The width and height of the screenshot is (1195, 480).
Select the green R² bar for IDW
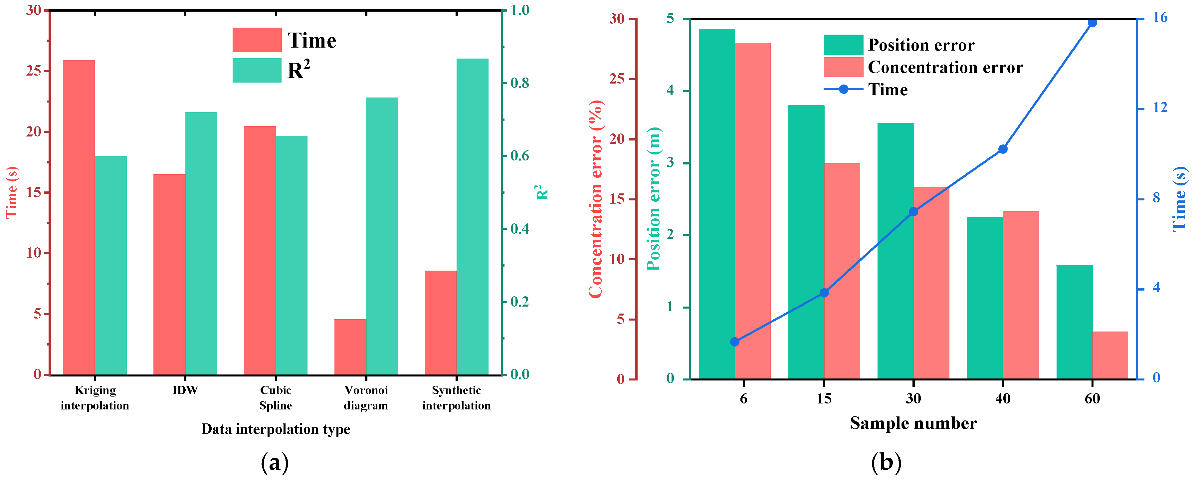(x=201, y=243)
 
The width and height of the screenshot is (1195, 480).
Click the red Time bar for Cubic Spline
(x=260, y=250)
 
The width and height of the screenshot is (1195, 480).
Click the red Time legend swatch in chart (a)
(x=257, y=40)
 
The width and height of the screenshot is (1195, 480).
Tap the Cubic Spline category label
(x=276, y=397)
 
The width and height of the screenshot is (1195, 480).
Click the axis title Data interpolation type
(x=276, y=429)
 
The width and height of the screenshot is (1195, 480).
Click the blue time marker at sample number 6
(x=734, y=342)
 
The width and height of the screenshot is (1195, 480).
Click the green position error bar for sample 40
(x=985, y=298)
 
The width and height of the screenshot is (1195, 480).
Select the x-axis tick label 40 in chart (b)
(x=1002, y=398)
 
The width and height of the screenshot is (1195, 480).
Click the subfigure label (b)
(x=886, y=462)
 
